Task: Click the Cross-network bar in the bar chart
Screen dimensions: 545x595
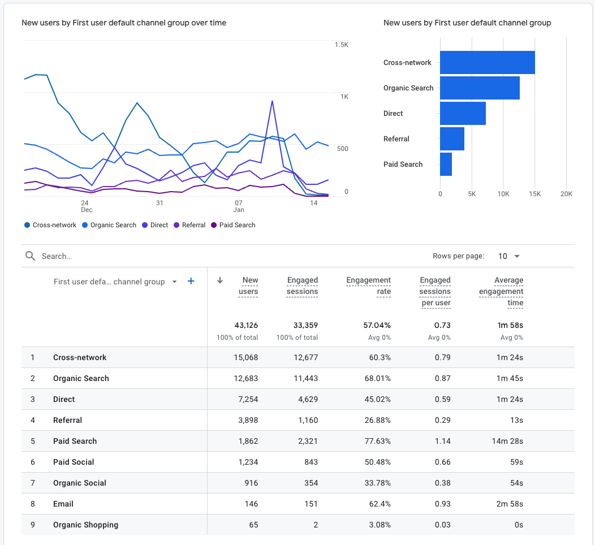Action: click(487, 62)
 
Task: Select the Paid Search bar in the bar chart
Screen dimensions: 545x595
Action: click(446, 164)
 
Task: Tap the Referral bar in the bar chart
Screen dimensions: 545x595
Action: click(452, 139)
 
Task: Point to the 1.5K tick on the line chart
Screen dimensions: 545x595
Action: click(341, 45)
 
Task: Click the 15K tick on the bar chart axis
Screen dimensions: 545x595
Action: click(534, 194)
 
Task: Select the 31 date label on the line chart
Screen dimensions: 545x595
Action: click(159, 202)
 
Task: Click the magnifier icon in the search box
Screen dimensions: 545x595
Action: click(31, 256)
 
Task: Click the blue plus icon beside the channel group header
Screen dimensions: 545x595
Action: click(191, 281)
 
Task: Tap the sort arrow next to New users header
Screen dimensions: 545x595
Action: click(220, 280)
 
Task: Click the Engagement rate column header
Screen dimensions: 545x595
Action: click(369, 286)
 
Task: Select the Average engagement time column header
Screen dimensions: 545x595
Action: click(501, 291)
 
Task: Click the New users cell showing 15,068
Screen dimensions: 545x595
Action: click(246, 357)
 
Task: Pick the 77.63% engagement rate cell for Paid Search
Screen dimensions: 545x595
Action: click(377, 441)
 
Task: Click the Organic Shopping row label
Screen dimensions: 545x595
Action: click(85, 525)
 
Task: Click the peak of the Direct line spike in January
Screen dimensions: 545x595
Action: click(273, 101)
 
